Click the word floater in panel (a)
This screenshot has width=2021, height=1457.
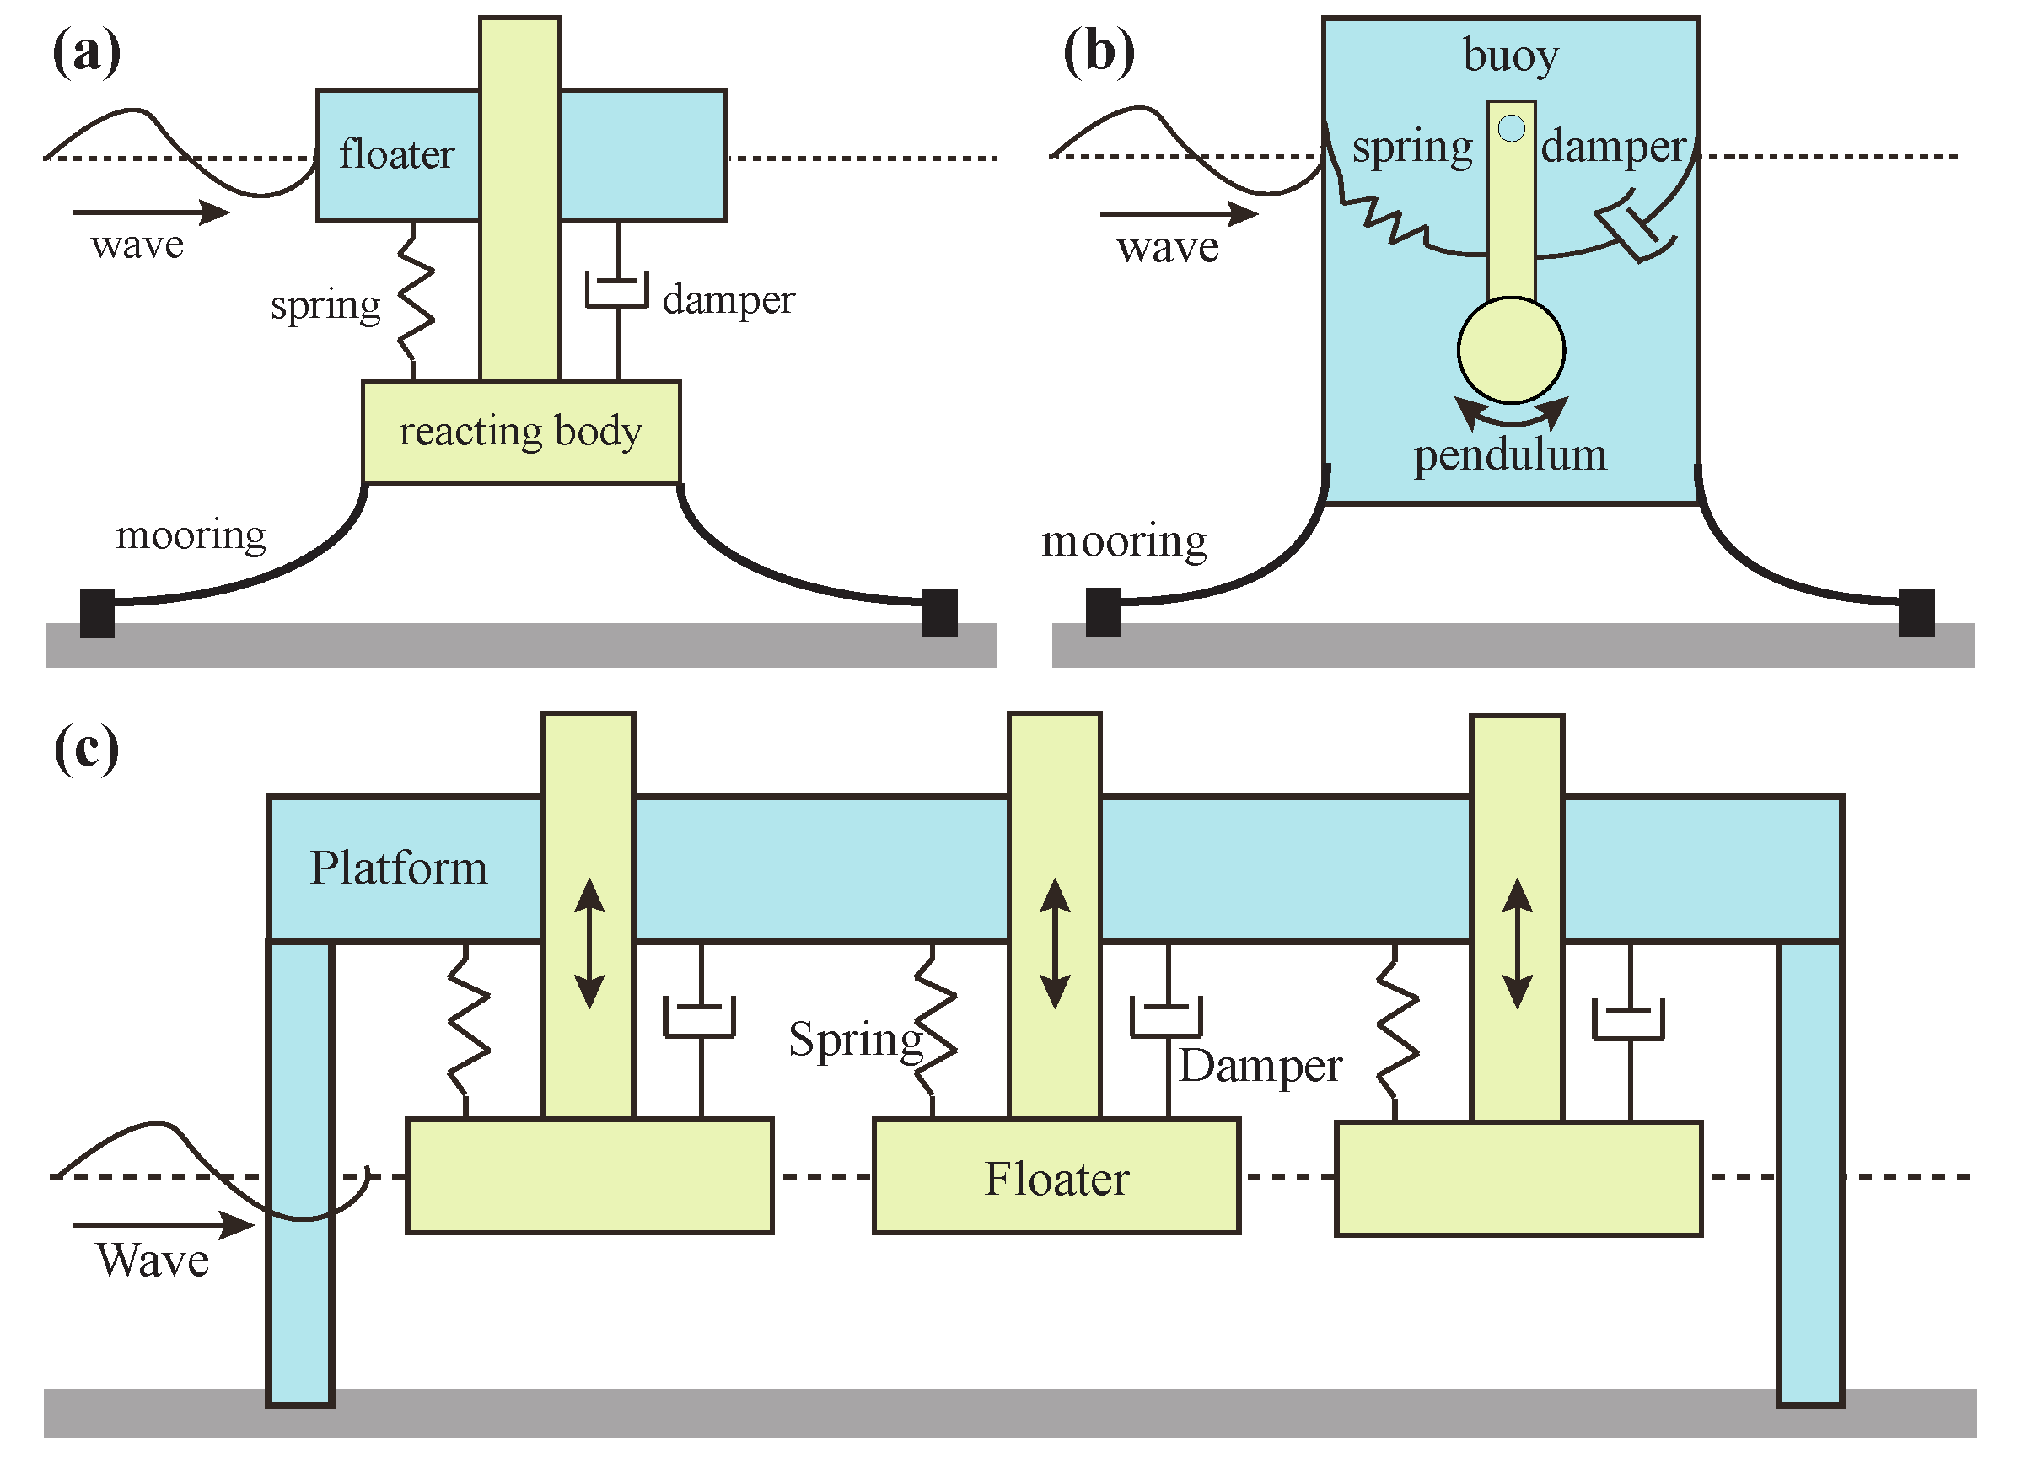point(395,154)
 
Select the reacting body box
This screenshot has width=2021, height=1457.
point(521,433)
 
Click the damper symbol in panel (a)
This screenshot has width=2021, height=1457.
point(616,293)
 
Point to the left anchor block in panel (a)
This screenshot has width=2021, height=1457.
point(97,613)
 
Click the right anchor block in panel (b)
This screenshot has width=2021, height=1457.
point(1916,613)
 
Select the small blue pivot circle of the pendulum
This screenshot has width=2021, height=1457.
point(1511,129)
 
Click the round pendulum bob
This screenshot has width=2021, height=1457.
point(1510,350)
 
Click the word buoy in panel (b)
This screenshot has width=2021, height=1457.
point(1510,56)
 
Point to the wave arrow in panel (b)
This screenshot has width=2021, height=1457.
point(1178,214)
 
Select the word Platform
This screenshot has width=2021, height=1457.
point(398,868)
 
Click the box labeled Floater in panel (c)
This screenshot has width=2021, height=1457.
point(1056,1176)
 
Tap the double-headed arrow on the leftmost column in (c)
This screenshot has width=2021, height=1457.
point(589,944)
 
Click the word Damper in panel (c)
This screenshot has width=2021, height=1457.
point(1260,1066)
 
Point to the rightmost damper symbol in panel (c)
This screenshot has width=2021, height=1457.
point(1628,1019)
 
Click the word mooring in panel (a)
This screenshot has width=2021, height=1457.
point(191,535)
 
